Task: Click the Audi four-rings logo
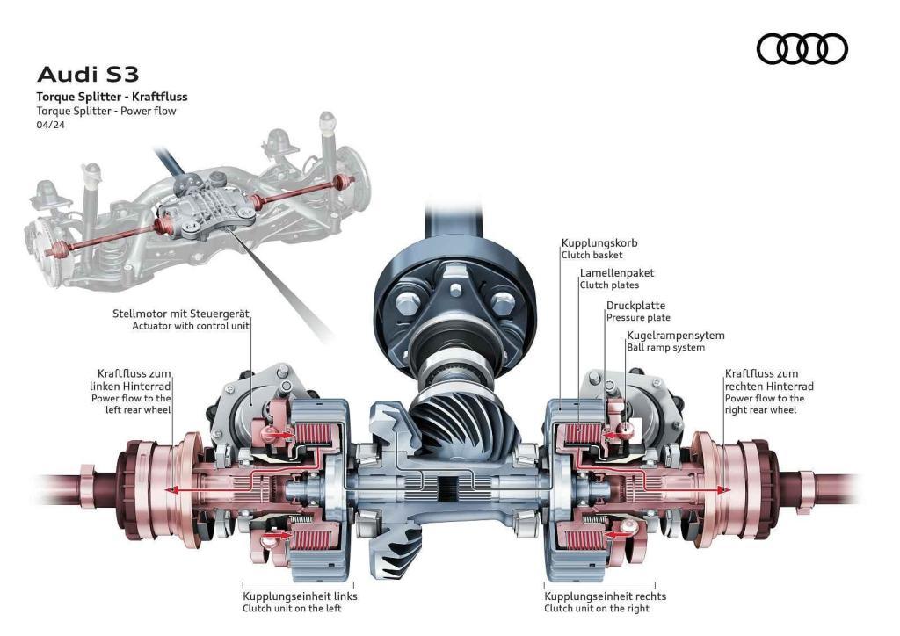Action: click(x=802, y=48)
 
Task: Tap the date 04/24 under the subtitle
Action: click(x=50, y=125)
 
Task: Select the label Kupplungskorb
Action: click(x=599, y=242)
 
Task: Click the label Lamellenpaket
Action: click(x=616, y=273)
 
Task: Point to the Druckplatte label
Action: click(x=635, y=305)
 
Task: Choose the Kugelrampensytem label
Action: click(x=675, y=336)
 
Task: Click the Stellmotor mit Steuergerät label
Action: click(x=181, y=313)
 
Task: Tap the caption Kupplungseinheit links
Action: click(x=300, y=596)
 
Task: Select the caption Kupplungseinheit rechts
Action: click(x=605, y=596)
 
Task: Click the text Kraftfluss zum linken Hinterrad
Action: click(x=131, y=379)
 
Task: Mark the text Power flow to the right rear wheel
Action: click(x=764, y=404)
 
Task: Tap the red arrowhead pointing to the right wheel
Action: click(x=726, y=489)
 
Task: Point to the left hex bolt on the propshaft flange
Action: click(x=407, y=307)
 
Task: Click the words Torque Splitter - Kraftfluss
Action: click(x=112, y=97)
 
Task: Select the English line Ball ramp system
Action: click(x=665, y=348)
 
